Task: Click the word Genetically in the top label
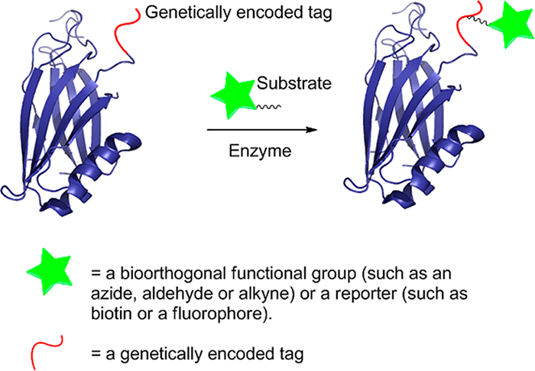182,13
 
